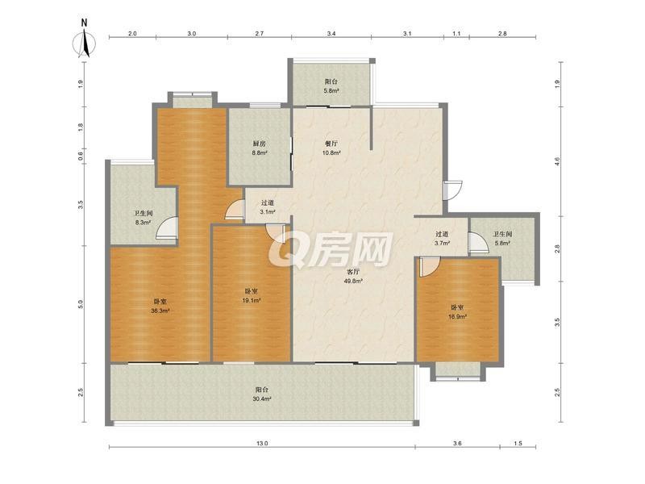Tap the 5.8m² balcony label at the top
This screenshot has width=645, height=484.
331,86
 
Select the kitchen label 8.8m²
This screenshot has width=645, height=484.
260,148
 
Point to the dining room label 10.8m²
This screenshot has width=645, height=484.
331,148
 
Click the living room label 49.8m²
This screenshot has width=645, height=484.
353,277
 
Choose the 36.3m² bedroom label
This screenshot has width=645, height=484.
160,307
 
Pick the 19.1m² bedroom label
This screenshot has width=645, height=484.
252,296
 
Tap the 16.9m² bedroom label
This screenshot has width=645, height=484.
457,312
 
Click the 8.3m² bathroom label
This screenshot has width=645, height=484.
144,219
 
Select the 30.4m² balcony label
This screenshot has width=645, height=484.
263,394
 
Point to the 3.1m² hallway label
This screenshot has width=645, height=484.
268,207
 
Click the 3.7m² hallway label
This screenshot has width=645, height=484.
442,239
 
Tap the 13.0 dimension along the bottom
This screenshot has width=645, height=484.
263,444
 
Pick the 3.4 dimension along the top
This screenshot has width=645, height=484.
331,34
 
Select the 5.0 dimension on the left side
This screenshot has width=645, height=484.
81,305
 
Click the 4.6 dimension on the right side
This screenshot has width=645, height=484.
557,161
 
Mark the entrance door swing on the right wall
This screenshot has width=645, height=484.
452,190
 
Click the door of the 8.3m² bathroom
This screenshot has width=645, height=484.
167,227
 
